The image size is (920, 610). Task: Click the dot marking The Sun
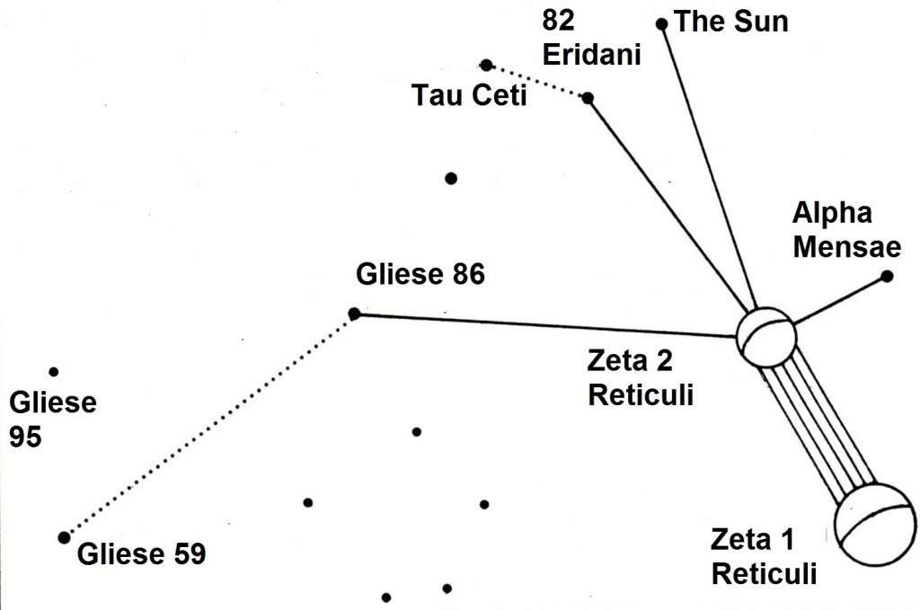pyautogui.click(x=662, y=24)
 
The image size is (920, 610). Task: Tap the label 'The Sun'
pyautogui.click(x=730, y=21)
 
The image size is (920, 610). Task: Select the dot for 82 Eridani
pyautogui.click(x=588, y=98)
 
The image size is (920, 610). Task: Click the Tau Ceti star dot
pyautogui.click(x=486, y=65)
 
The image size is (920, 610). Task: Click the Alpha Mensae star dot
pyautogui.click(x=887, y=276)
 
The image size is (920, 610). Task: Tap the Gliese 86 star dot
pyautogui.click(x=354, y=314)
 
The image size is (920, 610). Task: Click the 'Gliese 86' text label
pyautogui.click(x=420, y=273)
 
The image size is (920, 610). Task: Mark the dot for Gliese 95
pyautogui.click(x=54, y=371)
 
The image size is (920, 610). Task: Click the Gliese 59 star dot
pyautogui.click(x=63, y=537)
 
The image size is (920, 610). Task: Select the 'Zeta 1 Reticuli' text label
pyautogui.click(x=764, y=557)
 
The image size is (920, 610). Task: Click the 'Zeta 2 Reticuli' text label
pyautogui.click(x=640, y=377)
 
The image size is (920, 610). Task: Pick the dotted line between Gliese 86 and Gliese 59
pyautogui.click(x=208, y=426)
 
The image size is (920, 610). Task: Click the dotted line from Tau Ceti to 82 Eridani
pyautogui.click(x=537, y=82)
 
